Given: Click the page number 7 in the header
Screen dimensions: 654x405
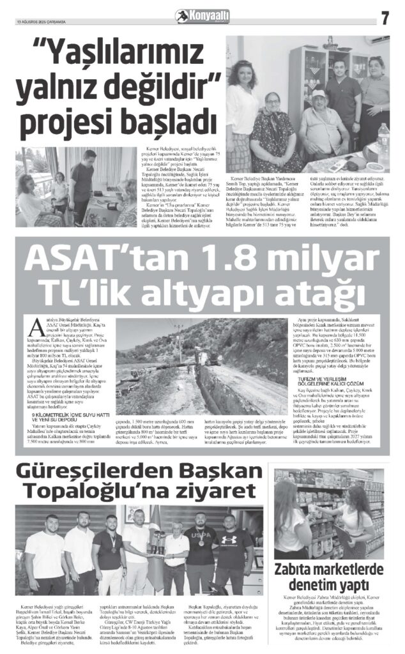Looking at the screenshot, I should tap(385, 18).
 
